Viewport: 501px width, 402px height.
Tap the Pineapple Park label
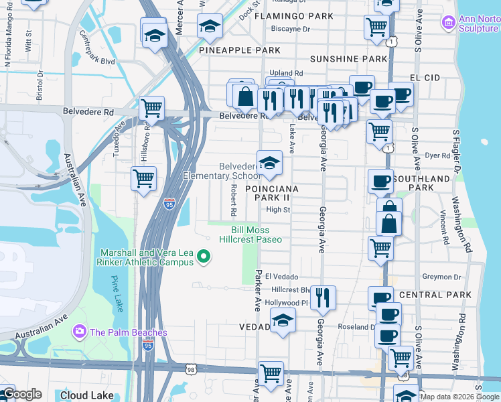[x=230, y=50]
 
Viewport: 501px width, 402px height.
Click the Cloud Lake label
[x=87, y=395]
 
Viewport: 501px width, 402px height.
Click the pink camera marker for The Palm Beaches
[x=80, y=331]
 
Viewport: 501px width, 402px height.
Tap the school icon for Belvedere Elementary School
[x=269, y=163]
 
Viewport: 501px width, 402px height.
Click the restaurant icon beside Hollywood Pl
[x=324, y=297]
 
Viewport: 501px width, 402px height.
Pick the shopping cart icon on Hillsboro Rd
[x=143, y=179]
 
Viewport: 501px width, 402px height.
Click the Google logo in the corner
[x=21, y=395]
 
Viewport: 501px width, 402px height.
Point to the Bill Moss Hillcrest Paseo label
[x=250, y=234]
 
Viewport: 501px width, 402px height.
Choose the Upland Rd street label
[x=286, y=72]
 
